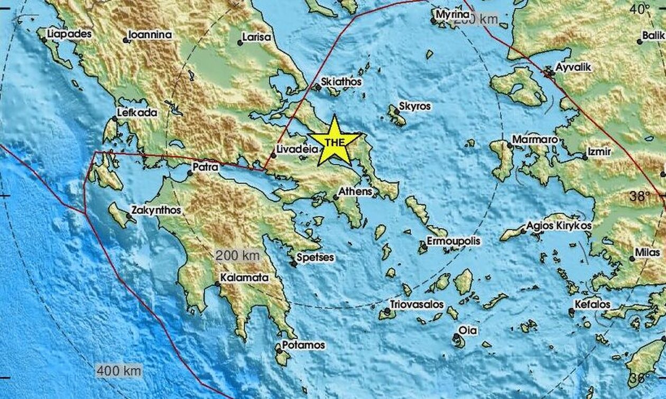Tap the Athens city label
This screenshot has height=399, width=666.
[356, 191]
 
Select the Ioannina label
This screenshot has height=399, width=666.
[151, 35]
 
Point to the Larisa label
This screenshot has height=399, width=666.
[256, 38]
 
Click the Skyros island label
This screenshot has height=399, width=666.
[415, 106]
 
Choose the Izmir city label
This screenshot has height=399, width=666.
[600, 152]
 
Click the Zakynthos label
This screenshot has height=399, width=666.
[157, 210]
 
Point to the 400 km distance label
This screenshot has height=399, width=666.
[118, 370]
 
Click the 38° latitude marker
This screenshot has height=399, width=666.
[640, 196]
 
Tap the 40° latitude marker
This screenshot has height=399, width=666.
[640, 9]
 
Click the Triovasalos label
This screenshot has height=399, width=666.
[417, 304]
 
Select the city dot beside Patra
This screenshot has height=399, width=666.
[190, 173]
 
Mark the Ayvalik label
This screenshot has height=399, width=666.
[573, 68]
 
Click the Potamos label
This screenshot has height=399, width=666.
[303, 345]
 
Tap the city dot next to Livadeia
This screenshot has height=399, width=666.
[274, 155]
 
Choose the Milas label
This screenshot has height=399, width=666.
[647, 253]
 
